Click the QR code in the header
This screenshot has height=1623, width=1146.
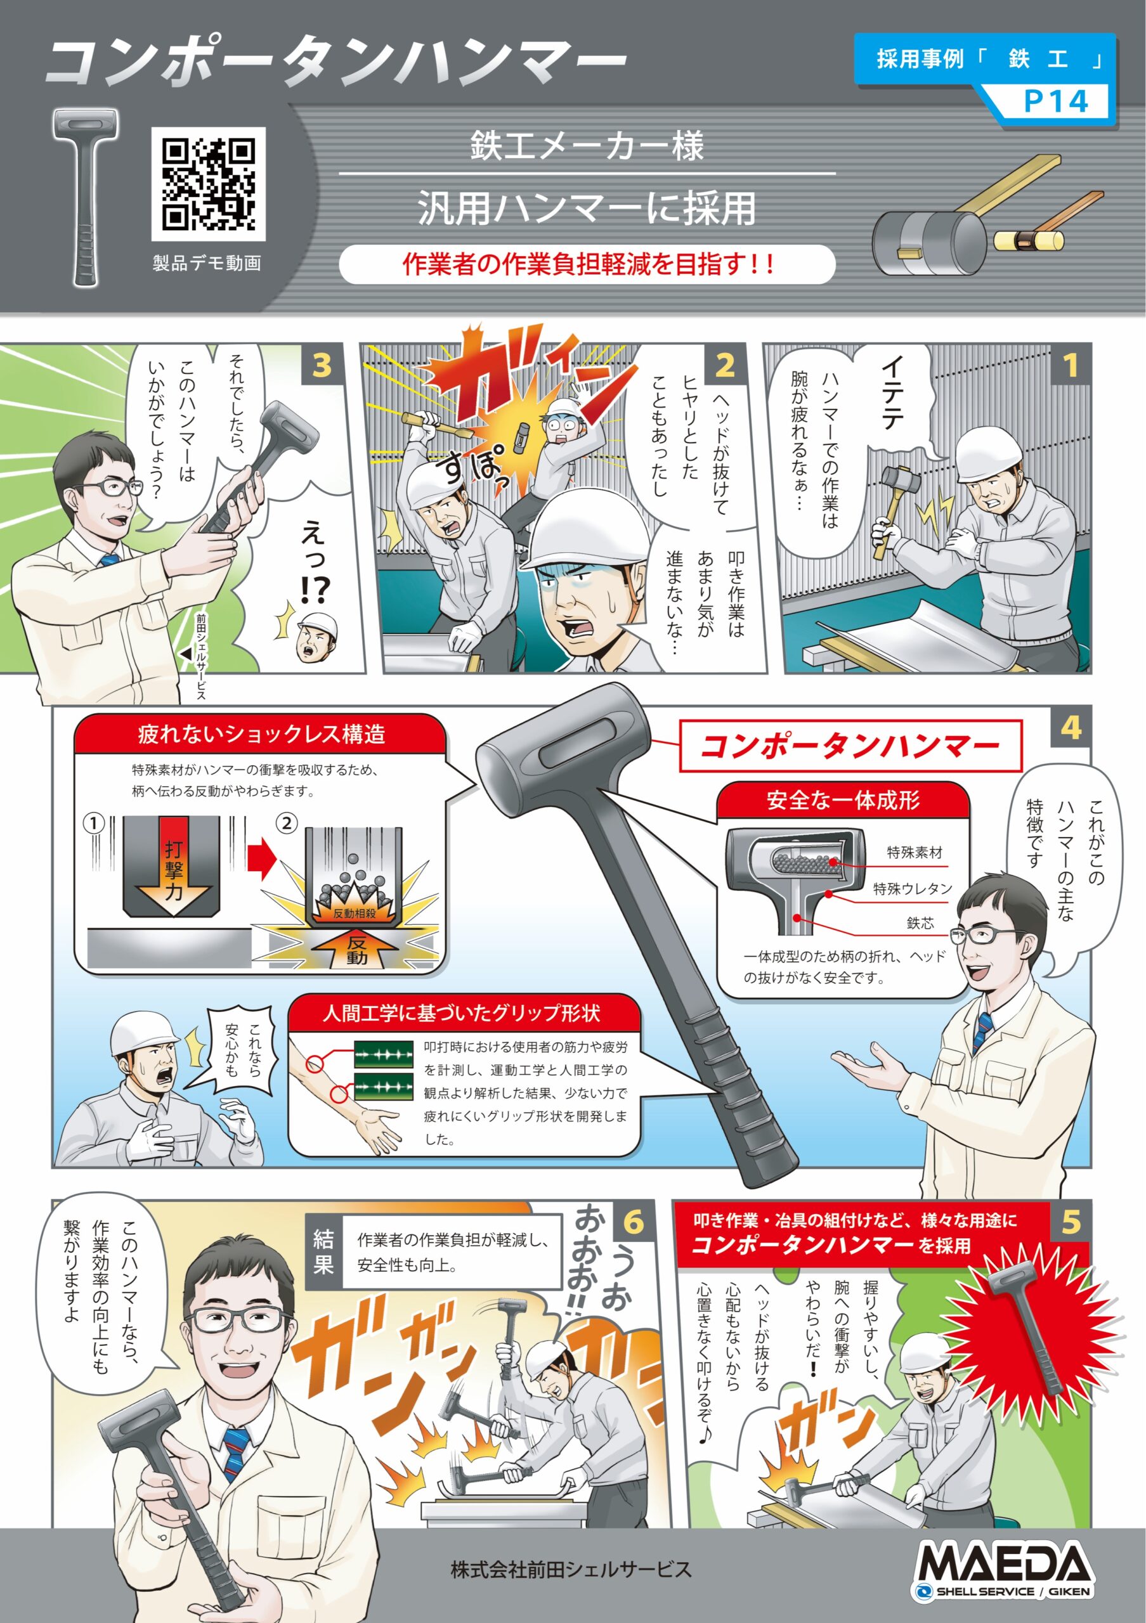tap(208, 184)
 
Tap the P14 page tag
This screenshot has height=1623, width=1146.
tap(1055, 101)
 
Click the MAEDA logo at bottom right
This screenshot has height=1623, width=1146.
tap(1003, 1568)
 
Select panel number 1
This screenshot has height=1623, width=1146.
tap(1071, 365)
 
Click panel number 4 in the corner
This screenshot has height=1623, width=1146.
tap(1071, 727)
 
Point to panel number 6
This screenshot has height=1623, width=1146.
tap(634, 1222)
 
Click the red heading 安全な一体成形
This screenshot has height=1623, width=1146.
tap(843, 800)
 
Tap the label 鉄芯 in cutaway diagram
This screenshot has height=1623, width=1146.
tap(920, 923)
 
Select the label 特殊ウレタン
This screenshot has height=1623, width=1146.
tap(913, 889)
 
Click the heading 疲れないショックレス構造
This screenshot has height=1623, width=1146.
tap(261, 734)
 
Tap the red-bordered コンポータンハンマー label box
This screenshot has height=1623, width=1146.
tap(850, 746)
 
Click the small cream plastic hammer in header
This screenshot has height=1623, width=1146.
tap(1029, 240)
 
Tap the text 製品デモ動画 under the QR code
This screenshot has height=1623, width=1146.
tap(207, 264)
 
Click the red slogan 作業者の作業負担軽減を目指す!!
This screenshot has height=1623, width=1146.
tap(587, 264)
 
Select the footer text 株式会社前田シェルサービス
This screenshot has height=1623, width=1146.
tap(571, 1569)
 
